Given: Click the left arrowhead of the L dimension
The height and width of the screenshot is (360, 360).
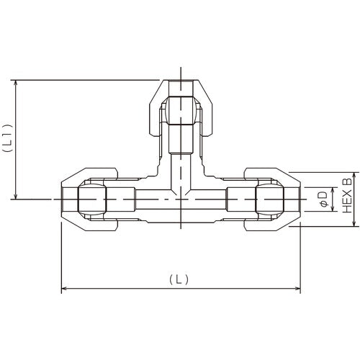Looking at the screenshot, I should click(x=64, y=289).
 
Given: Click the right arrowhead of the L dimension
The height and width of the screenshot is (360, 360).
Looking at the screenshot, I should click(x=297, y=289).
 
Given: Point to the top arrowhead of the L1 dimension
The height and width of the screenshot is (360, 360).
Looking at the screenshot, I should click(x=15, y=83).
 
